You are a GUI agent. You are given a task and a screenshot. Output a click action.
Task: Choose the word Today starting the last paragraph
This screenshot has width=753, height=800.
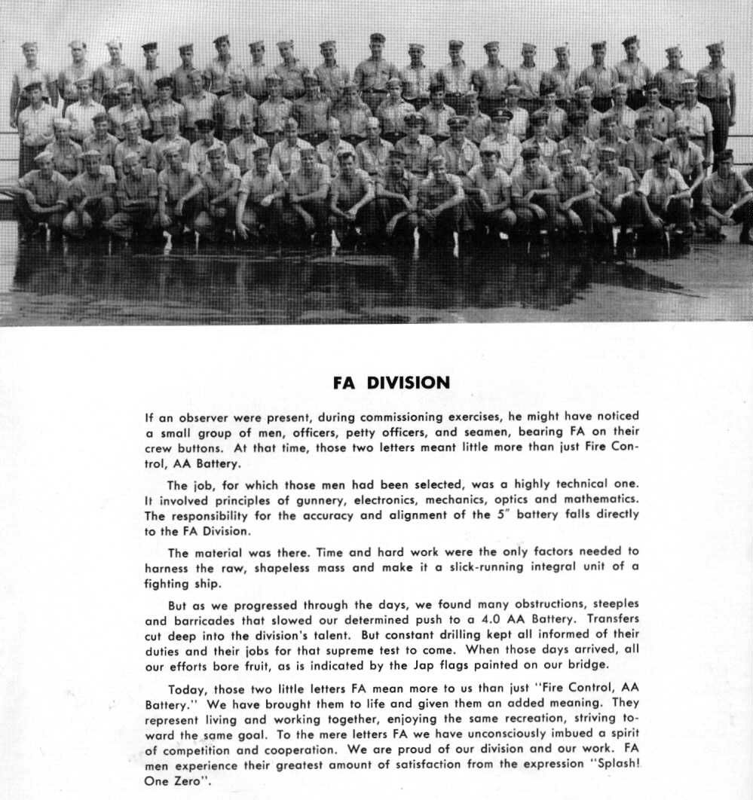tap(188, 689)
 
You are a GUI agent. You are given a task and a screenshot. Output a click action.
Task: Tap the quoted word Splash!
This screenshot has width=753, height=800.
tap(610, 765)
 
